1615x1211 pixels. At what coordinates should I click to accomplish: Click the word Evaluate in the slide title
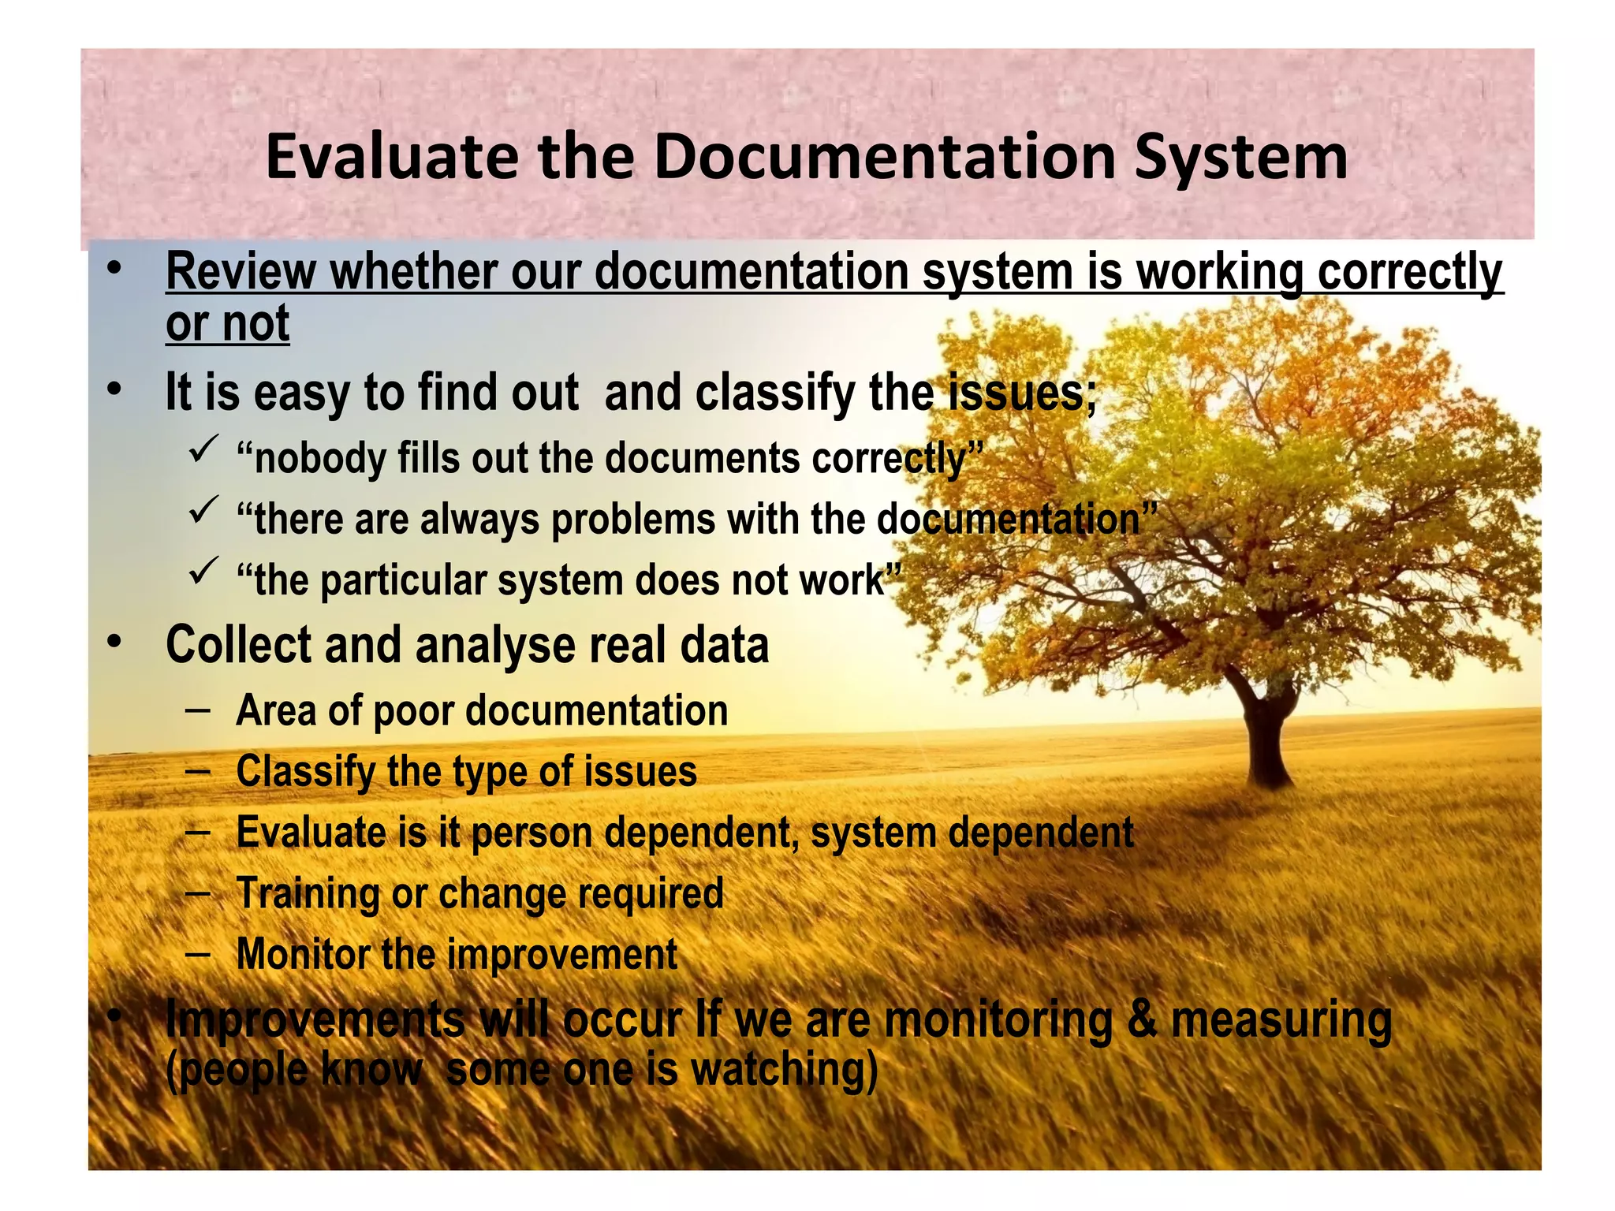tap(392, 157)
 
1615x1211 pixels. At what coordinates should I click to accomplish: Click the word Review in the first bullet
tap(241, 272)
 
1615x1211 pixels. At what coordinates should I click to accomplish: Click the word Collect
tap(238, 645)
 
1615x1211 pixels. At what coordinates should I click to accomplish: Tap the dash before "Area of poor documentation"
tap(198, 710)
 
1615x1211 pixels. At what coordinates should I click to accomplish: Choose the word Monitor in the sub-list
tap(303, 954)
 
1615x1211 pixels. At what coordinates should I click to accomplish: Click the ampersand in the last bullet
tap(1142, 1019)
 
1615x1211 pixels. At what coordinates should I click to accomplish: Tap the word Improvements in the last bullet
tap(315, 1019)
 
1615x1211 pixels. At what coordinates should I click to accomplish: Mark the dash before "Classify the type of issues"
tap(198, 771)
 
